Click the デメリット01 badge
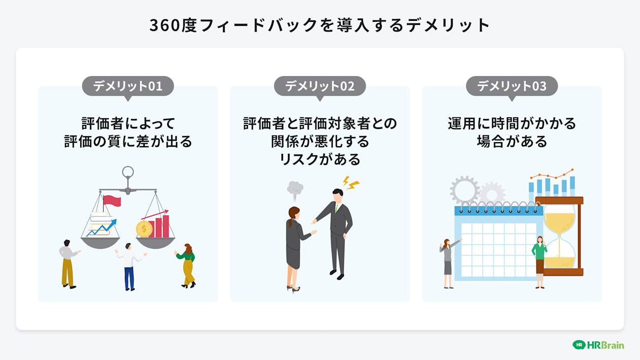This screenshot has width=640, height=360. coord(128,86)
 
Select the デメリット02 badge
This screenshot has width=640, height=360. coord(320,86)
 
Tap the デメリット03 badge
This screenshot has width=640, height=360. coord(512,86)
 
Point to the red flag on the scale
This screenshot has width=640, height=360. coord(111,200)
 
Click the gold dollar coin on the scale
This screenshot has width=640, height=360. coord(144,229)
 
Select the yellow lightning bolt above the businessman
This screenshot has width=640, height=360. coord(350,183)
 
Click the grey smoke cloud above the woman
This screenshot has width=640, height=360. coord(295,188)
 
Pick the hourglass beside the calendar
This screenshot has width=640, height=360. coord(559,237)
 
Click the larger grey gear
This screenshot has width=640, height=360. coord(464,190)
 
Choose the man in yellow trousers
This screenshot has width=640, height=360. coord(68,264)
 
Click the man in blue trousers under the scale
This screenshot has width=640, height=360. coord(129,267)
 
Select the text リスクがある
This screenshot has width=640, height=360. coord(319,159)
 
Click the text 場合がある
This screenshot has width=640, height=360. coord(511,141)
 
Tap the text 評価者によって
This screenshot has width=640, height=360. coord(128,123)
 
